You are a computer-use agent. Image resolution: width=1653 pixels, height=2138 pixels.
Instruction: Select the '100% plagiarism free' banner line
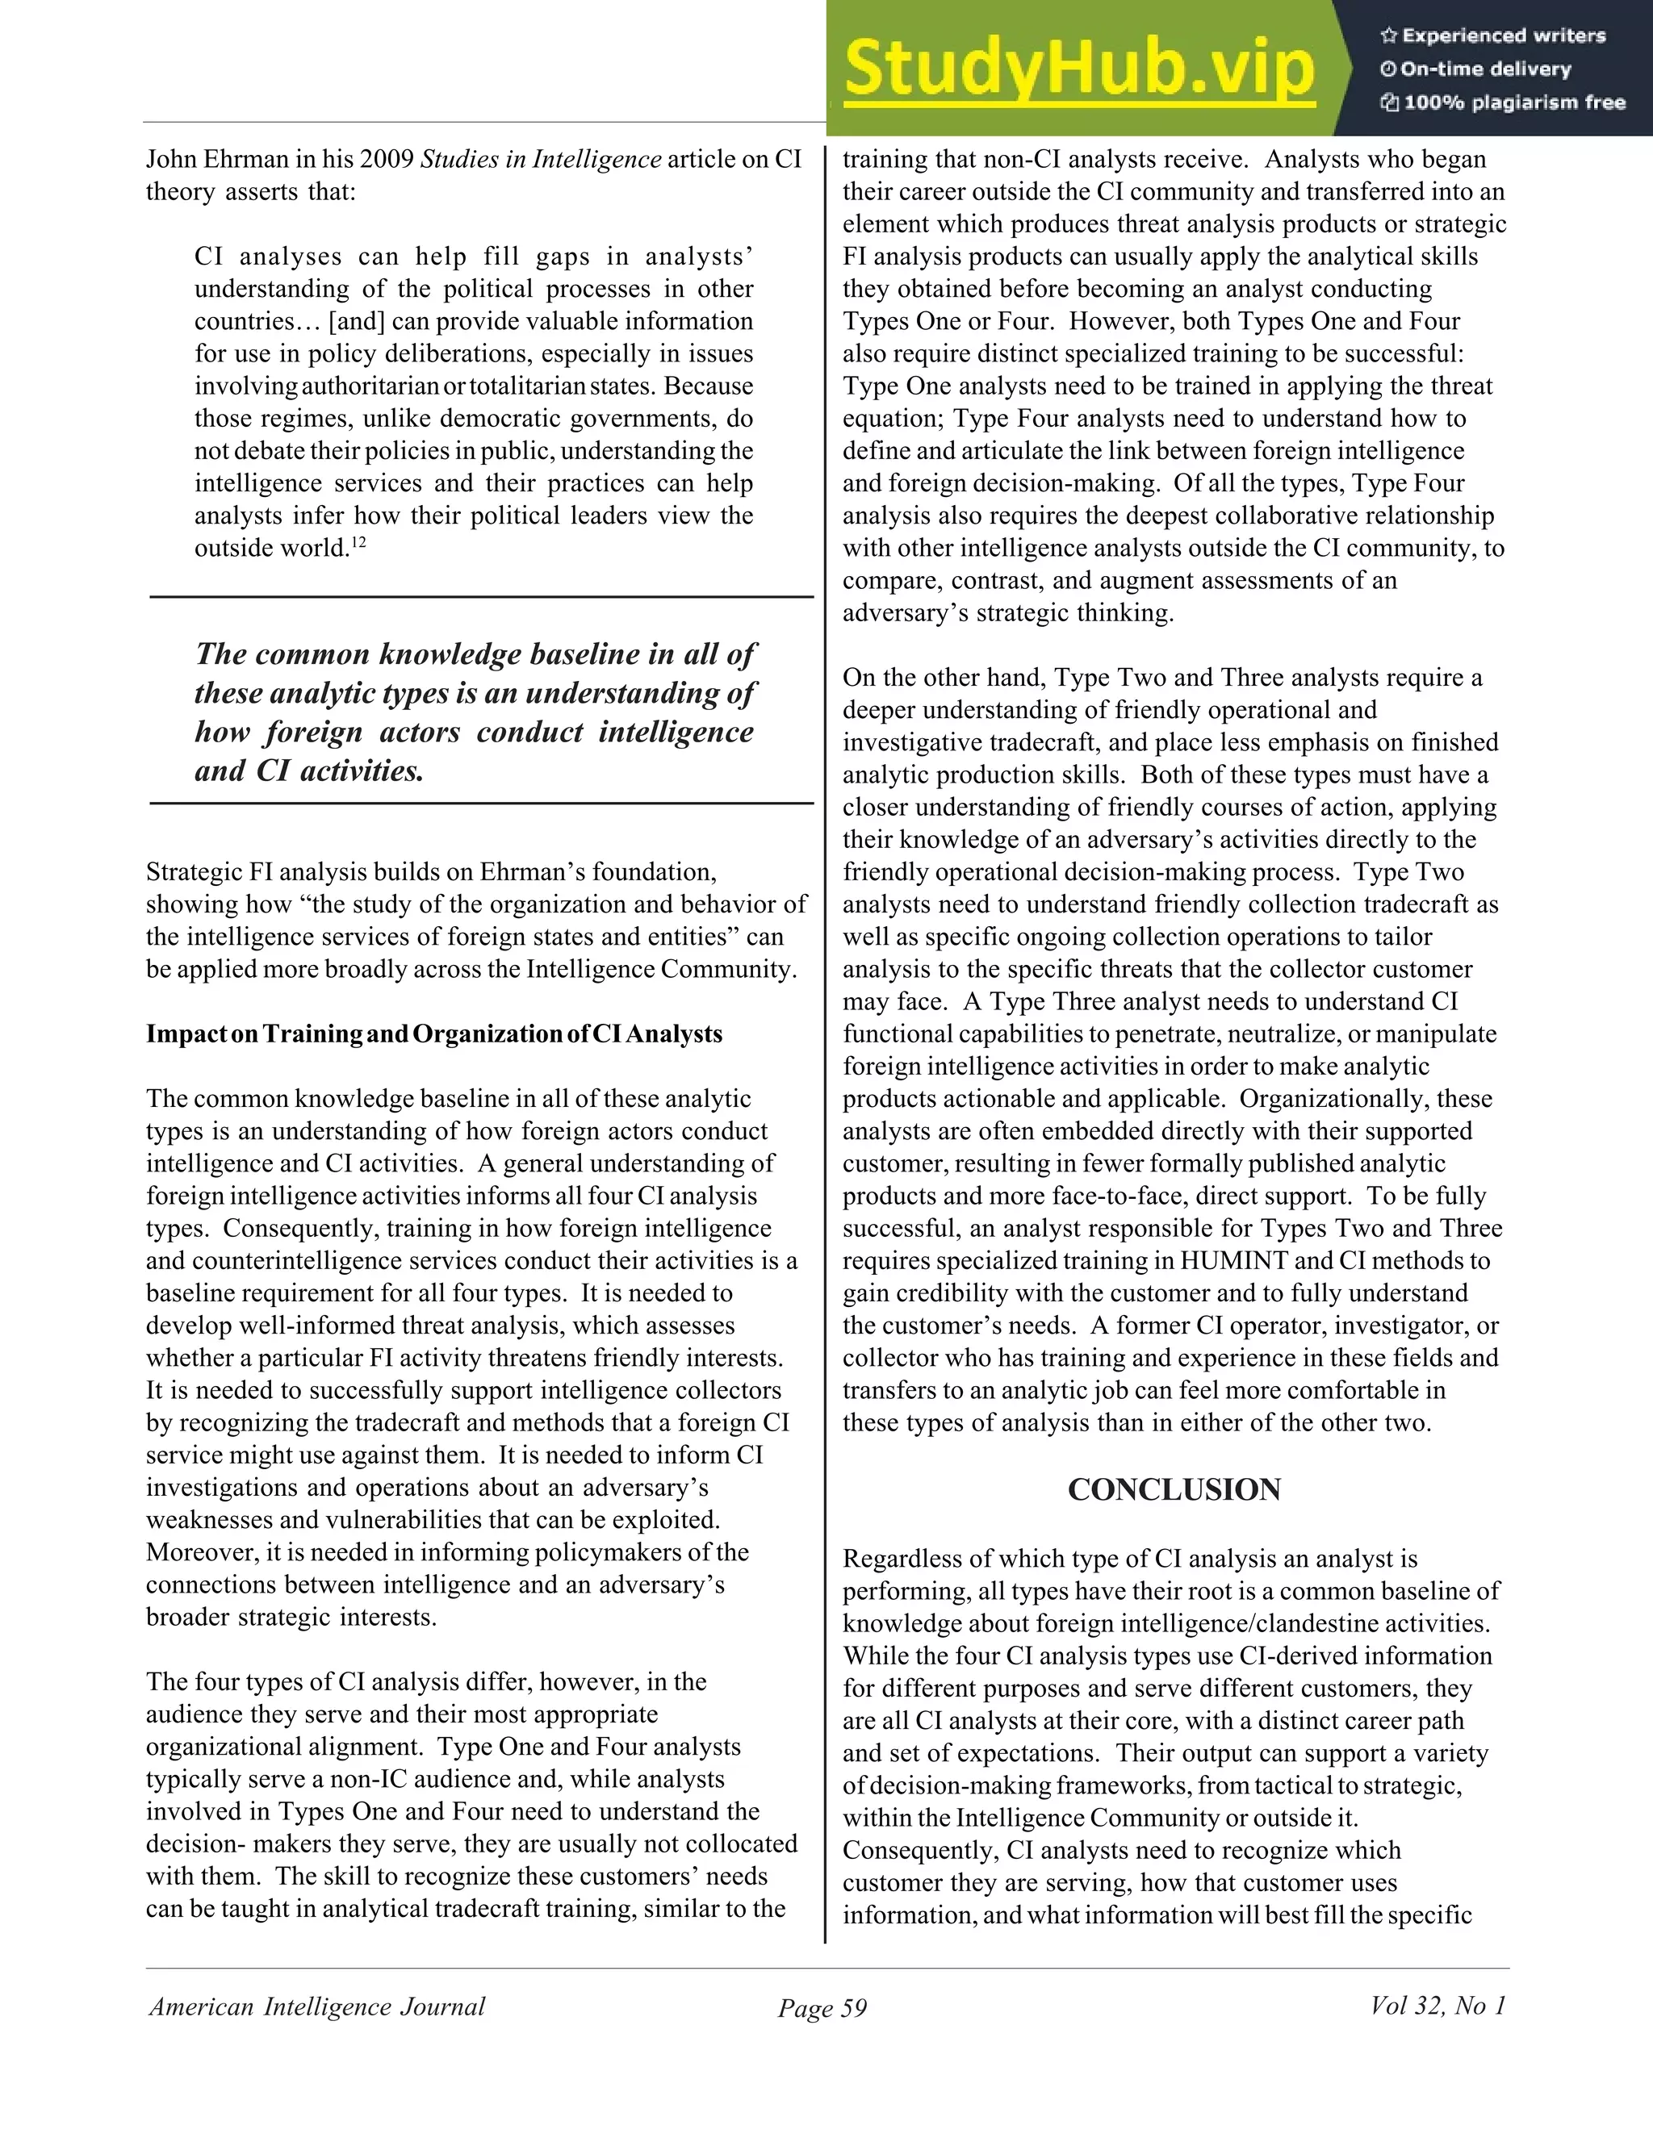pyautogui.click(x=1503, y=102)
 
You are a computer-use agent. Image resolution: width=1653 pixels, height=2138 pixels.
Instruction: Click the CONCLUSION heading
pyautogui.click(x=1173, y=1490)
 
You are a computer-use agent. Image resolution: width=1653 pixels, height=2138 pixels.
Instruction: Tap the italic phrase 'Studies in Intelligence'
pyautogui.click(x=541, y=160)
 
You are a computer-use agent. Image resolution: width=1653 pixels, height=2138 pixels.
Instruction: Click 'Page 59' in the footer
pyautogui.click(x=822, y=2008)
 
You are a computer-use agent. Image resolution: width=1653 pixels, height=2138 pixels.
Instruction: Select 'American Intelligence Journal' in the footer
pyautogui.click(x=316, y=2006)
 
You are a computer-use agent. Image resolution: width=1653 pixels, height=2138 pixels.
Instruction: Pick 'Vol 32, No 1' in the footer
pyautogui.click(x=1437, y=2006)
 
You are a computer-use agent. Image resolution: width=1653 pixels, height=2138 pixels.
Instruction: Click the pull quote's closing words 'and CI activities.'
pyautogui.click(x=309, y=771)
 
